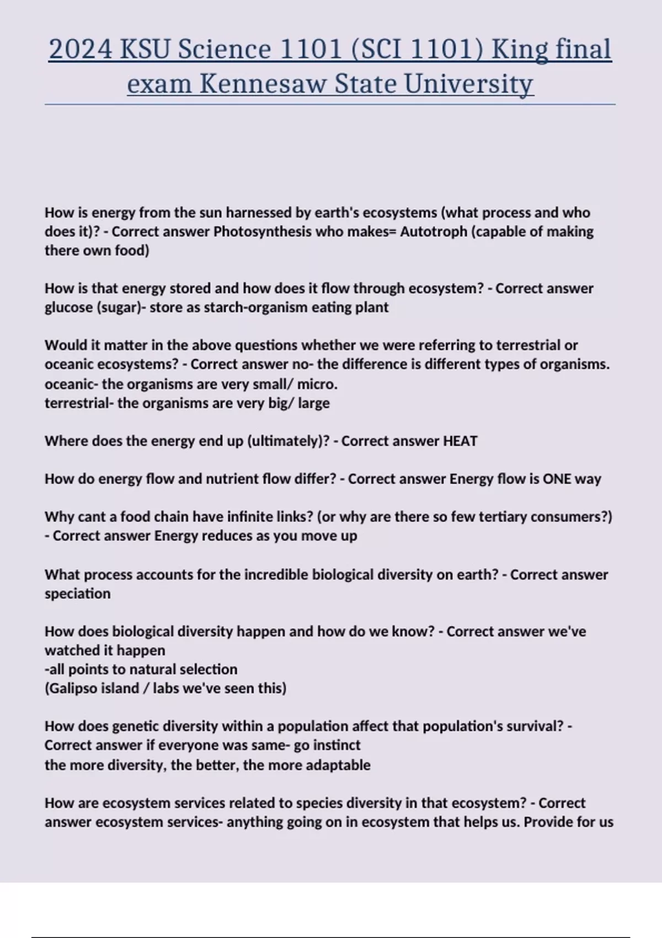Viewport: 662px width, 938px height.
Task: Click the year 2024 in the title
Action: click(81, 50)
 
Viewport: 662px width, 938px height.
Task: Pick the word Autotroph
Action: click(434, 232)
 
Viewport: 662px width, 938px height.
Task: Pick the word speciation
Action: click(77, 594)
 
